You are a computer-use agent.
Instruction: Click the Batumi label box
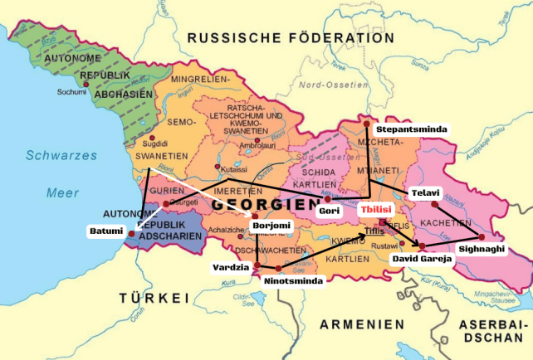point(107,231)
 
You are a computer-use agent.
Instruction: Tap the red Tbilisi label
point(374,211)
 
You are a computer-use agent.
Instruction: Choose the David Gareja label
point(422,259)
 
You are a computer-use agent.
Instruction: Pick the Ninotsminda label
point(293,280)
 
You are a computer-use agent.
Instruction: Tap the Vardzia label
point(230,267)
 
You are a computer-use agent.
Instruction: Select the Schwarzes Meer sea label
point(51,173)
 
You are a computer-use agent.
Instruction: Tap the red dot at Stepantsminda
point(366,124)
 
